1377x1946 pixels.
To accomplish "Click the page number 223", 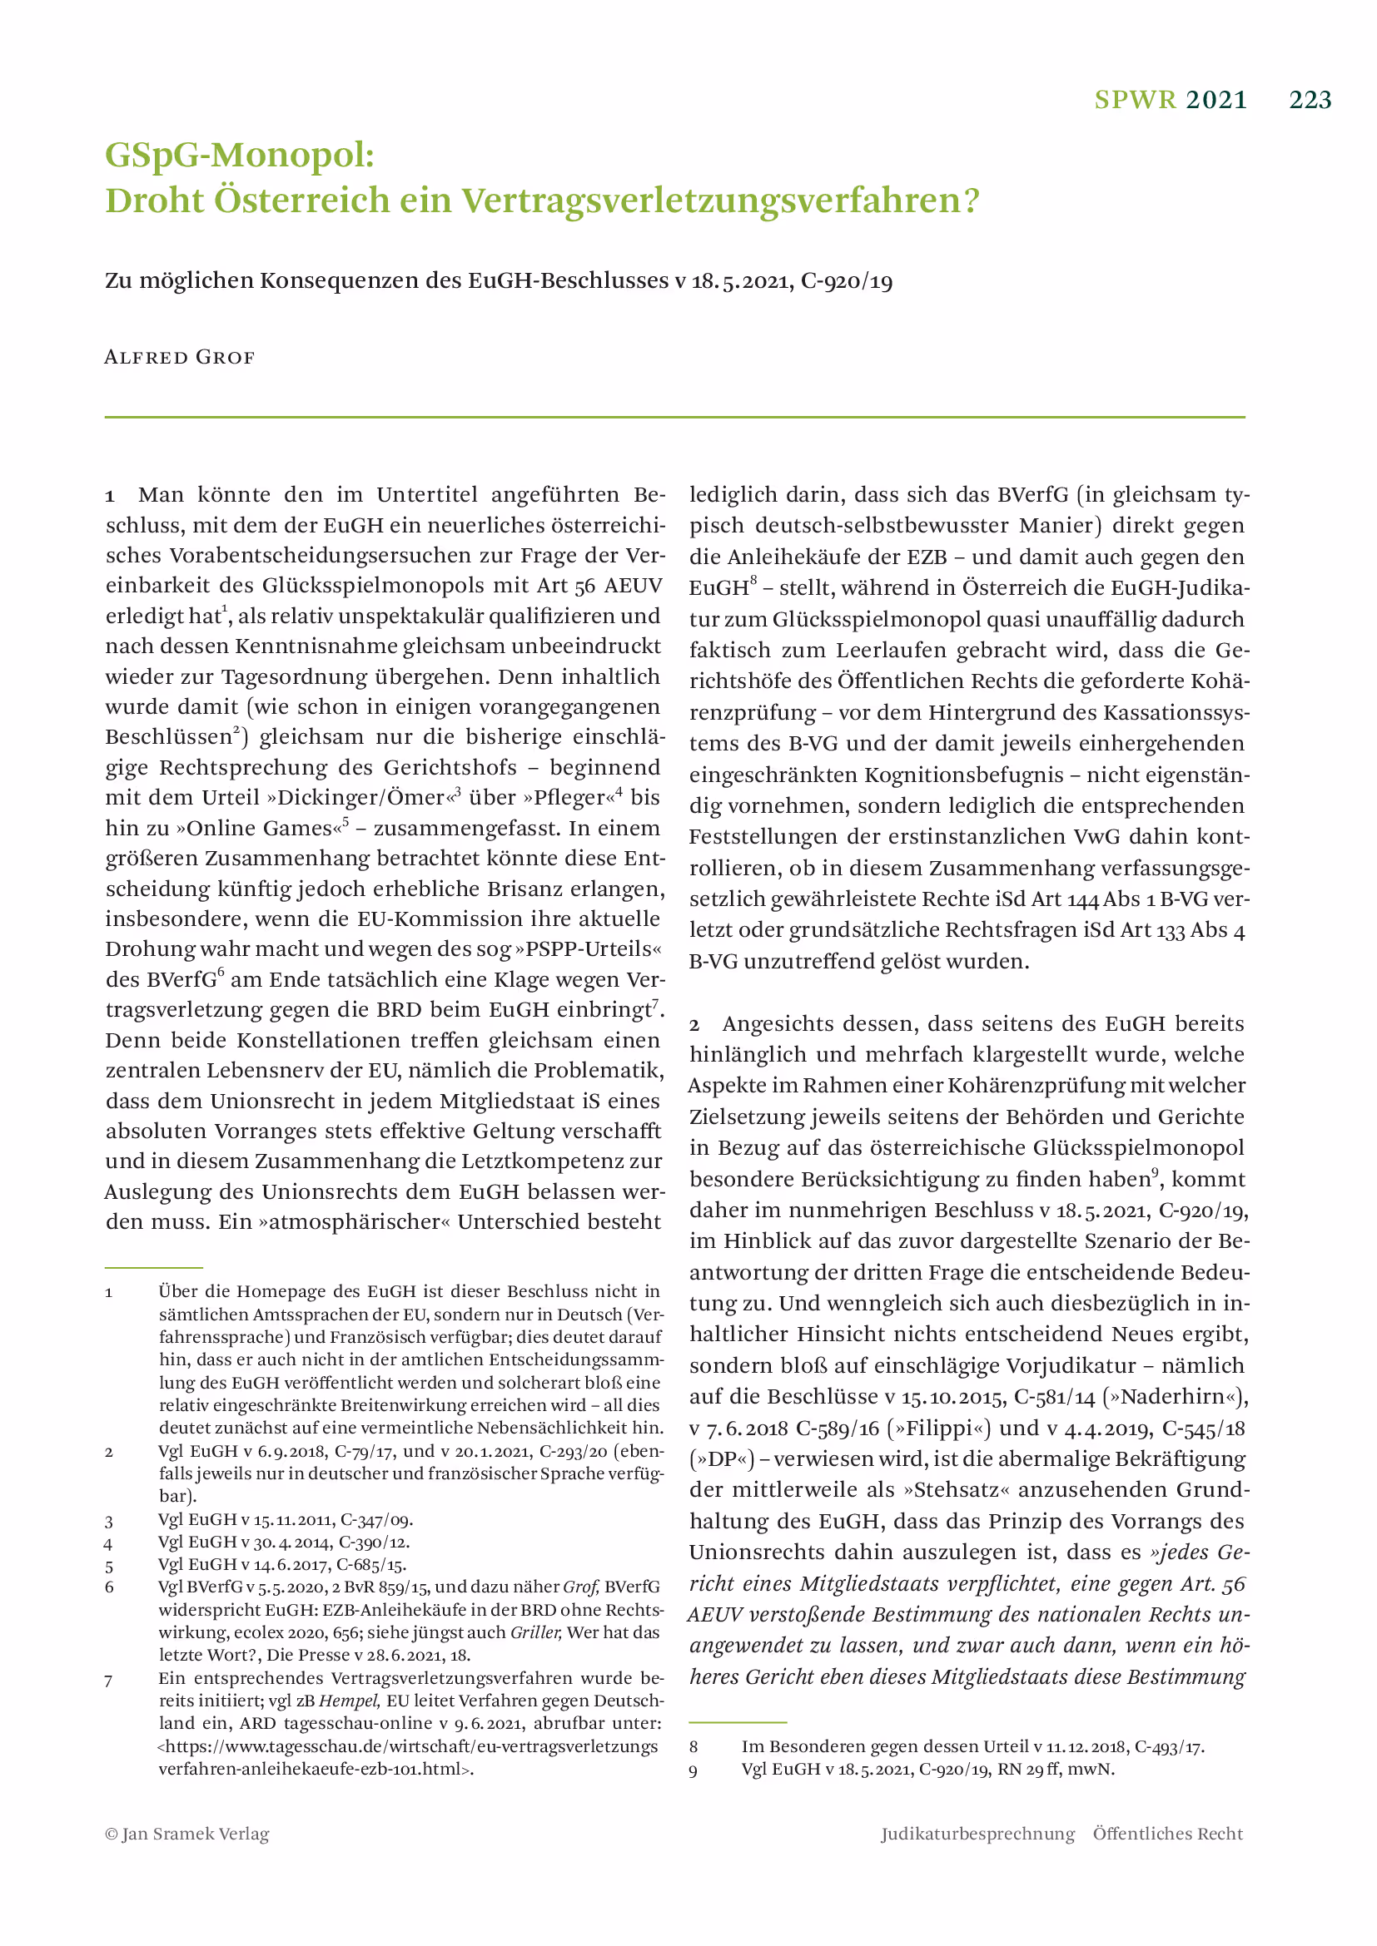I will pyautogui.click(x=1310, y=100).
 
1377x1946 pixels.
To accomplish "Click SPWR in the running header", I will pyautogui.click(x=1136, y=100).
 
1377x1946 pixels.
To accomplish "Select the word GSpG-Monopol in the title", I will pyautogui.click(x=240, y=155).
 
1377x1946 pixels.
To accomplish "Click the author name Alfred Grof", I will pyautogui.click(x=179, y=357).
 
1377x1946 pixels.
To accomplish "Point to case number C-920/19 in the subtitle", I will pyautogui.click(x=846, y=280).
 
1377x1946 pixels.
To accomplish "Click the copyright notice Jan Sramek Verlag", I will pyautogui.click(x=187, y=1835).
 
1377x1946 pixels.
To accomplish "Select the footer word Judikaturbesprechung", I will pyautogui.click(x=977, y=1835).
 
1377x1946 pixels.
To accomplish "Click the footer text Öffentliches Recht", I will pyautogui.click(x=1167, y=1835).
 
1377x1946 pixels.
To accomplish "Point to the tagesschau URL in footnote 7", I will pyautogui.click(x=407, y=1747).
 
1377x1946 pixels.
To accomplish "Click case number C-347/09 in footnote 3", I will pyautogui.click(x=374, y=1520).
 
